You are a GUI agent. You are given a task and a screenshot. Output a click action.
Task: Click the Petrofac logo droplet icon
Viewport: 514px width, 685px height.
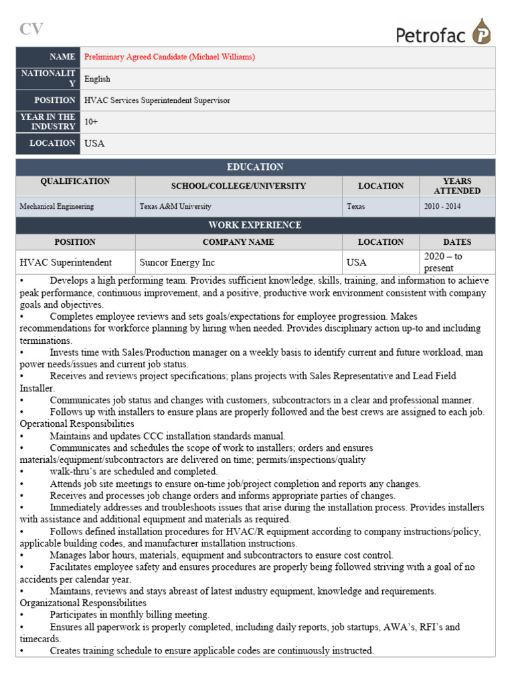coord(481,32)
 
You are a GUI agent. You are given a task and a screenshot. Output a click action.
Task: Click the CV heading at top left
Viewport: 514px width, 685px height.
coord(31,29)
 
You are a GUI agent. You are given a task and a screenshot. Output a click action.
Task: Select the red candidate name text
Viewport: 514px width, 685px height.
coord(169,57)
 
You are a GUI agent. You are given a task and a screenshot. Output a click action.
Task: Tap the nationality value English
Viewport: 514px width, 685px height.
coord(97,79)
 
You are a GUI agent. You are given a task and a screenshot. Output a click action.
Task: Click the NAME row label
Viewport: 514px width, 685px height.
coord(62,57)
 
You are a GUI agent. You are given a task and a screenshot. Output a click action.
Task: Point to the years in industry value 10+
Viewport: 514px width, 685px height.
coord(91,122)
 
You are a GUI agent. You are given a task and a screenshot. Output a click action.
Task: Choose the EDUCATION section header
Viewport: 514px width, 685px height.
coord(255,167)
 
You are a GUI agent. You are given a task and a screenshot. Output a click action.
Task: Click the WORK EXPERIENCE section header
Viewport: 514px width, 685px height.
coord(255,225)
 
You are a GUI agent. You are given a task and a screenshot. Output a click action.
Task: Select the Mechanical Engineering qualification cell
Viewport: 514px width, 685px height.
coord(57,207)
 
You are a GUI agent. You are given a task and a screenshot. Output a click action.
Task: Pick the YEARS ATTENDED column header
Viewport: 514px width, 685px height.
coord(457,186)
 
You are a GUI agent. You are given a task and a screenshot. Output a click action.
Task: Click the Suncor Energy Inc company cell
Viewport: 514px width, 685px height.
coord(177,262)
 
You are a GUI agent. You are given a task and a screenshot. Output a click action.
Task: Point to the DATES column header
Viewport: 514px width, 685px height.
coord(457,242)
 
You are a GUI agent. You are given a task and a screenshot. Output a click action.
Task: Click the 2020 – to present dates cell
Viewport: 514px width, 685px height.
coord(444,262)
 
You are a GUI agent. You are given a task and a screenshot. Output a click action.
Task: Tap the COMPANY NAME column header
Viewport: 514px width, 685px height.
coord(238,242)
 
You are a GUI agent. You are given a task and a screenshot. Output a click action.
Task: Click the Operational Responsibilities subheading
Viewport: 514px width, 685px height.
coord(77,424)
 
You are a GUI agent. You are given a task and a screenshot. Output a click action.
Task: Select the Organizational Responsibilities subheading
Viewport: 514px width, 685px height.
coord(83,603)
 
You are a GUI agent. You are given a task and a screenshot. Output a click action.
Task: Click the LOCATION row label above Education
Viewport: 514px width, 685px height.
coord(52,143)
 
